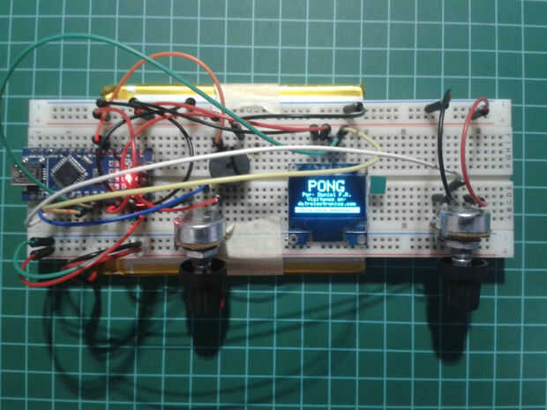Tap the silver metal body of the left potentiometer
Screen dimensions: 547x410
(x=202, y=234)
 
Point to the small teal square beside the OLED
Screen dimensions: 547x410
(x=378, y=184)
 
